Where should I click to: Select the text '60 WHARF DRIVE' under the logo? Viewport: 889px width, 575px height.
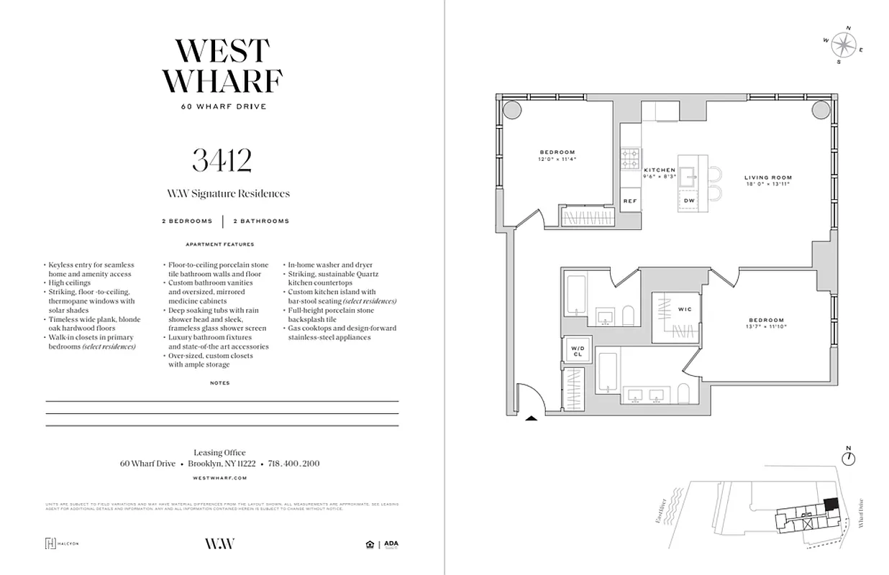pyautogui.click(x=222, y=107)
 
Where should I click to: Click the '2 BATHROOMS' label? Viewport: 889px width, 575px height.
pyautogui.click(x=260, y=221)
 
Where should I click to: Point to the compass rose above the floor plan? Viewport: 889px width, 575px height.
pyautogui.click(x=842, y=45)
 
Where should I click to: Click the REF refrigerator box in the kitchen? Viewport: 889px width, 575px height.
pyautogui.click(x=630, y=201)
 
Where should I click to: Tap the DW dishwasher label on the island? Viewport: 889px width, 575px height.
pyautogui.click(x=689, y=201)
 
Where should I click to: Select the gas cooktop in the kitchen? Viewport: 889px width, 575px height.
pyautogui.click(x=631, y=157)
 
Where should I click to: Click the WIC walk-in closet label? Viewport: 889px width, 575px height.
pyautogui.click(x=684, y=310)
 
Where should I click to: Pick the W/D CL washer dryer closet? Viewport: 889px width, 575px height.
pyautogui.click(x=578, y=351)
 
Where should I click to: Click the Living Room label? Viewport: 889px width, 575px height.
pyautogui.click(x=768, y=178)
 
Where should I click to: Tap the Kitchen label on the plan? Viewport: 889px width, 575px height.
pyautogui.click(x=660, y=170)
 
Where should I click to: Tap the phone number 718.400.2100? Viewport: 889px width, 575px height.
pyautogui.click(x=293, y=464)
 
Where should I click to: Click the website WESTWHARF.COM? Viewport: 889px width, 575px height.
pyautogui.click(x=220, y=477)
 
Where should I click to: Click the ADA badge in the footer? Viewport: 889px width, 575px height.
pyautogui.click(x=391, y=544)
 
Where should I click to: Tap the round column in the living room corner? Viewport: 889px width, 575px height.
pyautogui.click(x=821, y=110)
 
